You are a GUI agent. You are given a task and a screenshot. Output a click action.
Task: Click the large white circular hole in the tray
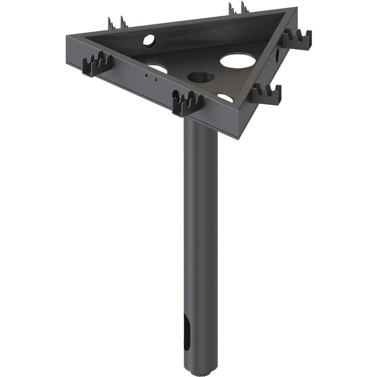pos(238,60)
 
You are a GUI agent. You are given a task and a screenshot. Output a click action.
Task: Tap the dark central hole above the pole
pos(201,77)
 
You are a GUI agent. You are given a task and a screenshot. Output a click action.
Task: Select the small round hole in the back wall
pos(149,41)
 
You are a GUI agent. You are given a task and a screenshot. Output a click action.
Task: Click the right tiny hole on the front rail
pos(156,79)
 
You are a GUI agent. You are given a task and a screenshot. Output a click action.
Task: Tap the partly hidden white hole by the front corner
pos(225,98)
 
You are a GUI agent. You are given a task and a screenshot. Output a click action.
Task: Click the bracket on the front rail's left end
pos(97,65)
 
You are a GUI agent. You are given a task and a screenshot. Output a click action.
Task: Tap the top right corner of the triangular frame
pos(296,9)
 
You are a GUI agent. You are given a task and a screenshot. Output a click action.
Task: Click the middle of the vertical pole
pos(200,245)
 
